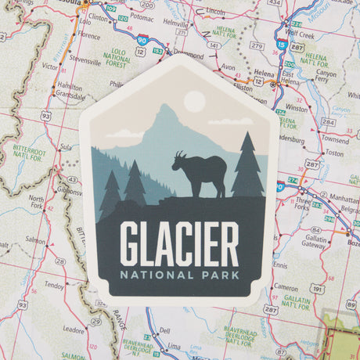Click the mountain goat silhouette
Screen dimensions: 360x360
tap(200, 174)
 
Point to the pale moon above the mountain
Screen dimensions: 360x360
tap(193, 101)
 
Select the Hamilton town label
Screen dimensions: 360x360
tap(70, 87)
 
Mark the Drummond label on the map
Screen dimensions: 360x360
tap(189, 56)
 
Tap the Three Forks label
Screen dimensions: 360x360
tap(302, 204)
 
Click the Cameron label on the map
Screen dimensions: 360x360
tap(285, 287)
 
